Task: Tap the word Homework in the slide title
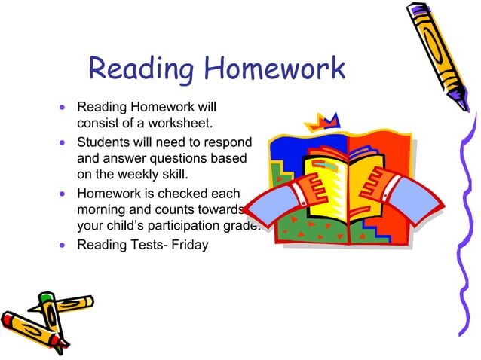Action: pyautogui.click(x=275, y=70)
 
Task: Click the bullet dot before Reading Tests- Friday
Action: pyautogui.click(x=63, y=245)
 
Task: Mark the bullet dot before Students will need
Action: pyautogui.click(x=63, y=142)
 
